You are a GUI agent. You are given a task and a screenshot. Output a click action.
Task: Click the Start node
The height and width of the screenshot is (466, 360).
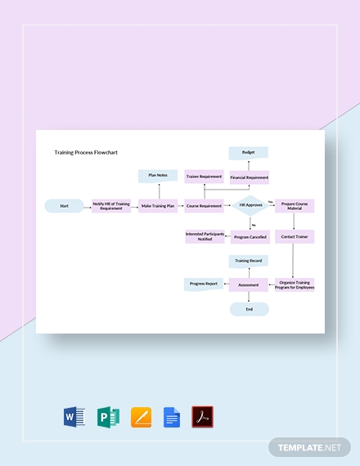(65, 206)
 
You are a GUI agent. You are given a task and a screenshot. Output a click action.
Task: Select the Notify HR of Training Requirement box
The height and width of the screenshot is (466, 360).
(111, 206)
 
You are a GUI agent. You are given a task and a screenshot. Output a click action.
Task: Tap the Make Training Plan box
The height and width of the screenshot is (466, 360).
(158, 206)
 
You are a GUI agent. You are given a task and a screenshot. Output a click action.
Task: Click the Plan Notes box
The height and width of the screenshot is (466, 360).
(158, 175)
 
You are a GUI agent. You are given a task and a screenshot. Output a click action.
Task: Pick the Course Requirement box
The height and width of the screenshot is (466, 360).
(205, 206)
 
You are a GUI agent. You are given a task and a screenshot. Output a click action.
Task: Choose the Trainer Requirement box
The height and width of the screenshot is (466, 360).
(205, 177)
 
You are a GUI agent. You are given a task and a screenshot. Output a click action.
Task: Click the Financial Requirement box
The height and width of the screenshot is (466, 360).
(249, 177)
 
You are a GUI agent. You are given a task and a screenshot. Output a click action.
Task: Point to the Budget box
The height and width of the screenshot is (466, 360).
(249, 152)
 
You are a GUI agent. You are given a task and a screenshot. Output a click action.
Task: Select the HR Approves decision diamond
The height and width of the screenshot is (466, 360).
(250, 206)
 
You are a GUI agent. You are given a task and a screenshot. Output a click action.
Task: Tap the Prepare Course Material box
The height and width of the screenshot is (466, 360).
(295, 206)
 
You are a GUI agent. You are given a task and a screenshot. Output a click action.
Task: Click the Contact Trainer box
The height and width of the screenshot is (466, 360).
(295, 236)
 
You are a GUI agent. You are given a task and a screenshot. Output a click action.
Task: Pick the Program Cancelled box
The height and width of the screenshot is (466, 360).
(250, 237)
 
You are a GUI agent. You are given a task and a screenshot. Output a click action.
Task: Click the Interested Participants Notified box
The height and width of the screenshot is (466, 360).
(205, 237)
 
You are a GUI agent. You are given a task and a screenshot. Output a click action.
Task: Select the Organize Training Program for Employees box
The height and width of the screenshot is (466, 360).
(295, 285)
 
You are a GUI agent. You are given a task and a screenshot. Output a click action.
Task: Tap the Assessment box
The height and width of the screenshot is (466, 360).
(249, 285)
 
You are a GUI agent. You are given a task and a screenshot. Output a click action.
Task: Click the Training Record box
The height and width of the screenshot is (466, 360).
(249, 261)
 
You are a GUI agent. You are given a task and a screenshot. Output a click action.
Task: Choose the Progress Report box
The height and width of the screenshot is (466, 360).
(204, 285)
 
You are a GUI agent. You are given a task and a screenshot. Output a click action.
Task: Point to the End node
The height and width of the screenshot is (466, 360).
(249, 309)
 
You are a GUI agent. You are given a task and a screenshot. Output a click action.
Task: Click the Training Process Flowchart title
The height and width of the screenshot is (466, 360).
(85, 152)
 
